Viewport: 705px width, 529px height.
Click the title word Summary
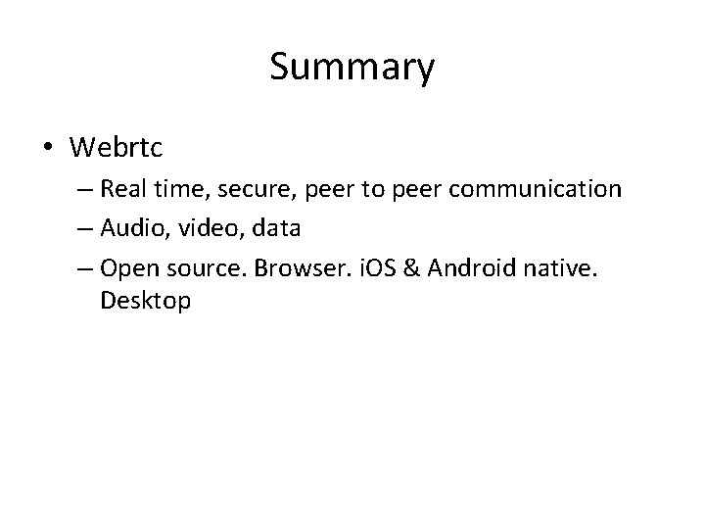[x=352, y=68]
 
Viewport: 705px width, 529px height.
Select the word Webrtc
[x=116, y=148]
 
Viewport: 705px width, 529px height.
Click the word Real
[x=121, y=188]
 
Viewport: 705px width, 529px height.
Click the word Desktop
[x=145, y=301]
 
